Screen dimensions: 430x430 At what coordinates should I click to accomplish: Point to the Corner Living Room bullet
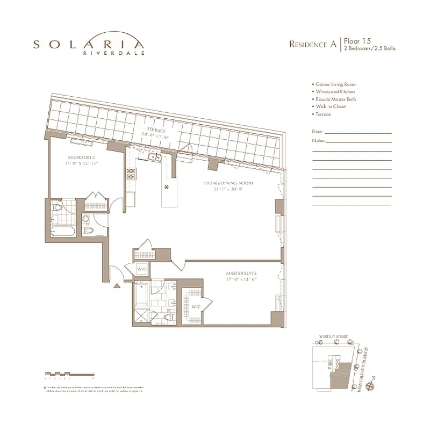click(x=334, y=84)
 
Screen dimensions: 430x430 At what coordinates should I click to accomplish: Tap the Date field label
click(x=317, y=132)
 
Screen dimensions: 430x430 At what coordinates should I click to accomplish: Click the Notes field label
click(x=318, y=140)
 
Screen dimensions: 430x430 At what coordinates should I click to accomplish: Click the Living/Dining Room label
click(x=228, y=184)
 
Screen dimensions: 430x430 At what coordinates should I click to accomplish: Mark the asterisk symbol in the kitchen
click(x=167, y=187)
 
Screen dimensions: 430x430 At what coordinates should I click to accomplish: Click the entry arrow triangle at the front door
click(x=117, y=288)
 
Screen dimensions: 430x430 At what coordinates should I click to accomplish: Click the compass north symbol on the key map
click(x=369, y=385)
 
